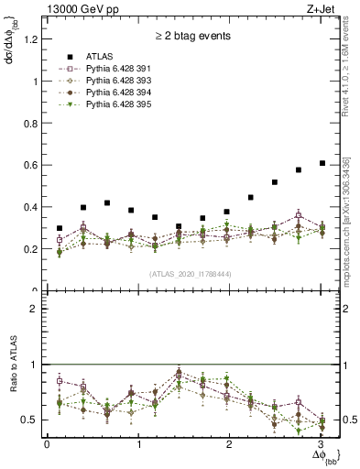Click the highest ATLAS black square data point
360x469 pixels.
[x=322, y=163]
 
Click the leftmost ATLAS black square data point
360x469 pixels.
[x=60, y=228]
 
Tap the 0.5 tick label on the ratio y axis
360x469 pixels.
[x=31, y=420]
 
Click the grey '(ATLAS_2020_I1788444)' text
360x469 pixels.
[x=192, y=274]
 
